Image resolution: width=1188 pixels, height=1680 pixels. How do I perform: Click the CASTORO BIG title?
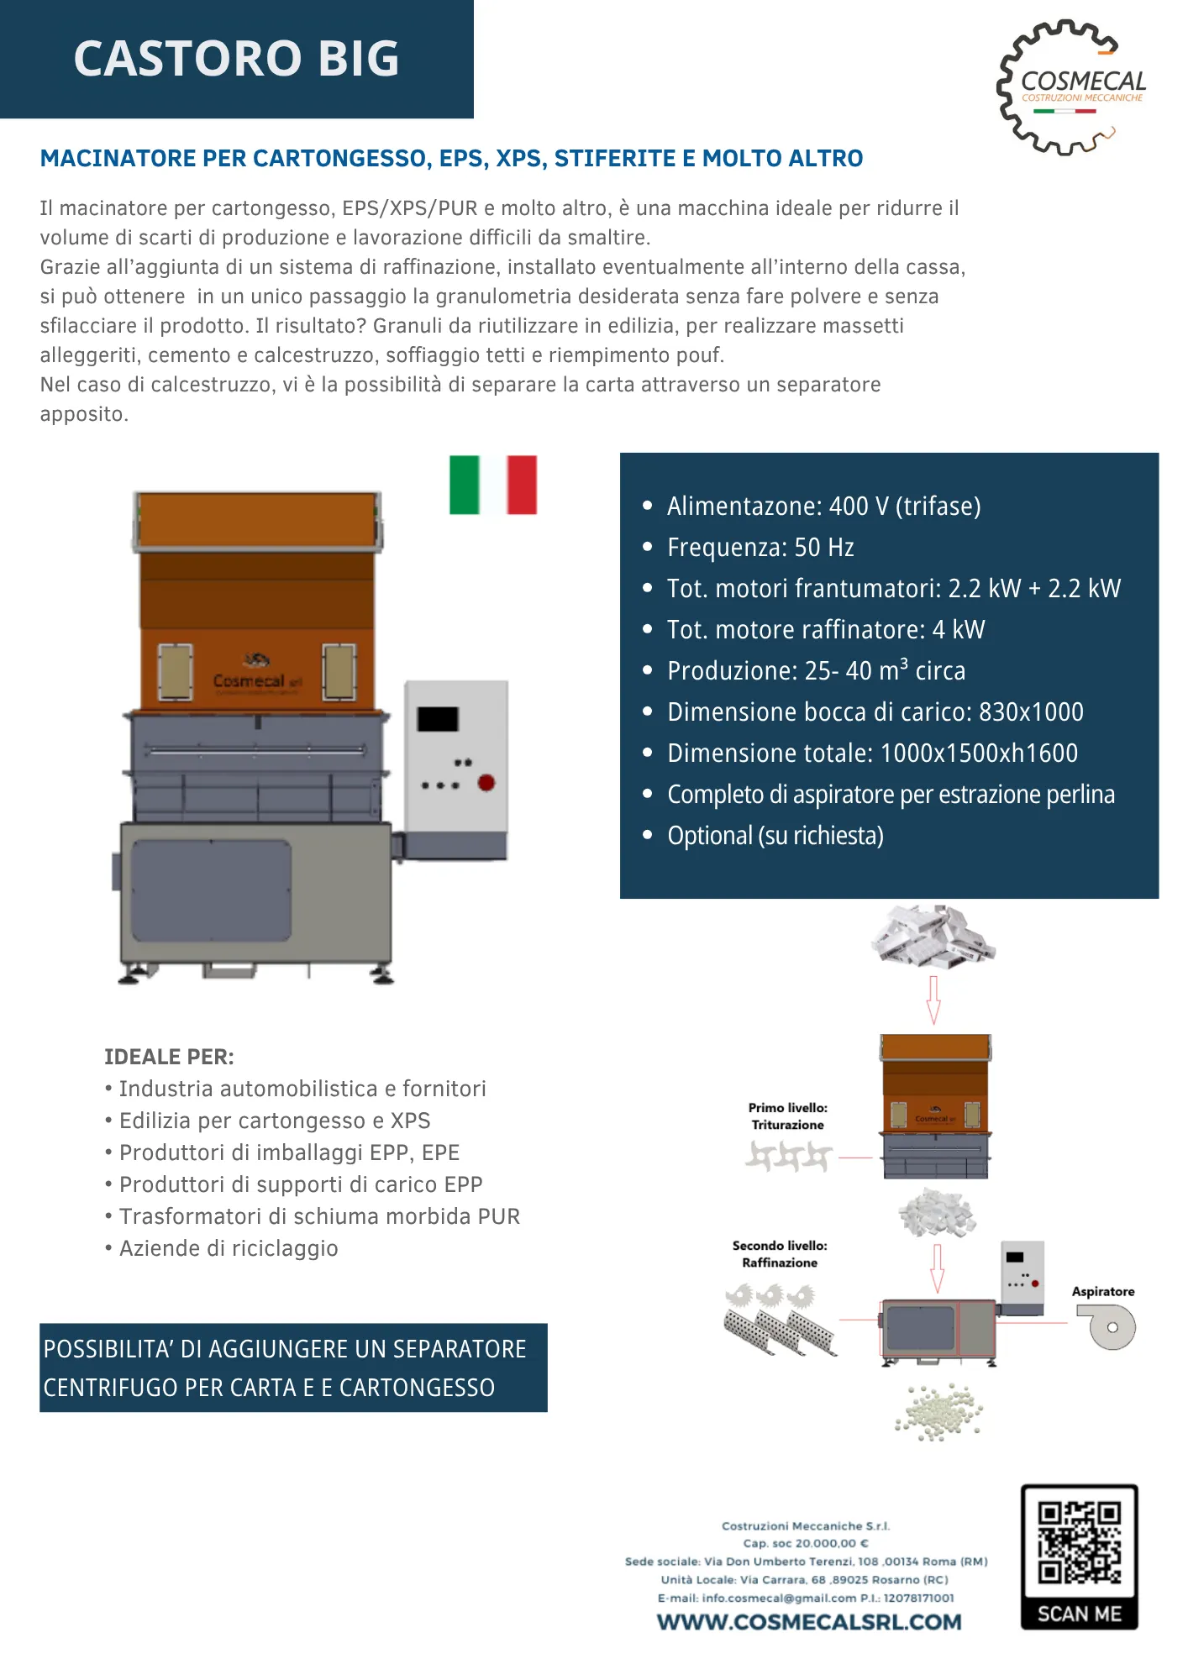point(236,59)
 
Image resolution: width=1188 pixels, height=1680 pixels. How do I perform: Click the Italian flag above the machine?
point(493,485)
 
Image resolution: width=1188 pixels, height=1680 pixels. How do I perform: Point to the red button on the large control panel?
point(486,783)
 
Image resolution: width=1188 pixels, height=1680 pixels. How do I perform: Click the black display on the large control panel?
point(438,719)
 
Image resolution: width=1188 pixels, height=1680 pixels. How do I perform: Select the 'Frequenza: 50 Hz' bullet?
point(760,548)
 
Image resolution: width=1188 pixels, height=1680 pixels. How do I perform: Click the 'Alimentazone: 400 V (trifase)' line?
point(823,507)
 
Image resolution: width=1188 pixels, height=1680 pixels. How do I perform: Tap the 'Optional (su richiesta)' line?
point(775,836)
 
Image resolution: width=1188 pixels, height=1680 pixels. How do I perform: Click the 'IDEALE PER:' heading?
point(169,1057)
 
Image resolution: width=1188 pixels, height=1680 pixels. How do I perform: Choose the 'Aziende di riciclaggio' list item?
point(229,1248)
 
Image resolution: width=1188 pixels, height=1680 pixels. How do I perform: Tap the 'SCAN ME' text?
point(1079,1614)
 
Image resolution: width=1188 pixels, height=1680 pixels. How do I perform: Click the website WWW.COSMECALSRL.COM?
point(809,1622)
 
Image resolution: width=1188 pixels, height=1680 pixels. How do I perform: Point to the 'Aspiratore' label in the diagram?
point(1102,1292)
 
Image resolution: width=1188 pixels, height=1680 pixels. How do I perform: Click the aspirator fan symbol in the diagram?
point(1109,1327)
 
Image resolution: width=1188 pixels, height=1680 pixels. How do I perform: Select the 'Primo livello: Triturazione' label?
point(787,1116)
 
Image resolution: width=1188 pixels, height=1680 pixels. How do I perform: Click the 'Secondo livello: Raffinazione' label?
point(780,1254)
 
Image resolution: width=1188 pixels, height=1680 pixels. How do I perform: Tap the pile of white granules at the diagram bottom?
point(938,1412)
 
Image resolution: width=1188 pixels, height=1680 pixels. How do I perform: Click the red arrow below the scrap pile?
point(933,1000)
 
